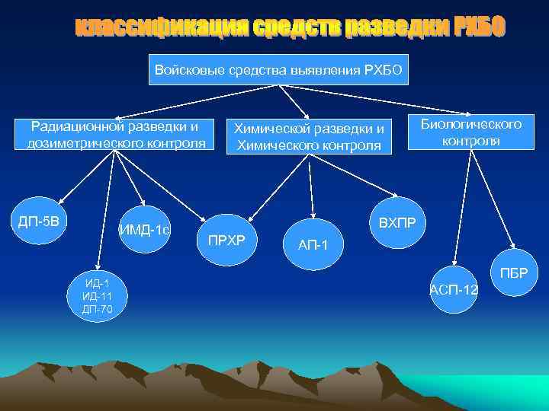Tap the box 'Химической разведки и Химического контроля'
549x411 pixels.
coord(309,135)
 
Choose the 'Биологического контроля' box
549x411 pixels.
coord(471,132)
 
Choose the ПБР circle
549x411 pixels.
coord(513,272)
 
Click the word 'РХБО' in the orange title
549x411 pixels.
coord(478,29)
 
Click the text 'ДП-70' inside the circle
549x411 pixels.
coord(97,309)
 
